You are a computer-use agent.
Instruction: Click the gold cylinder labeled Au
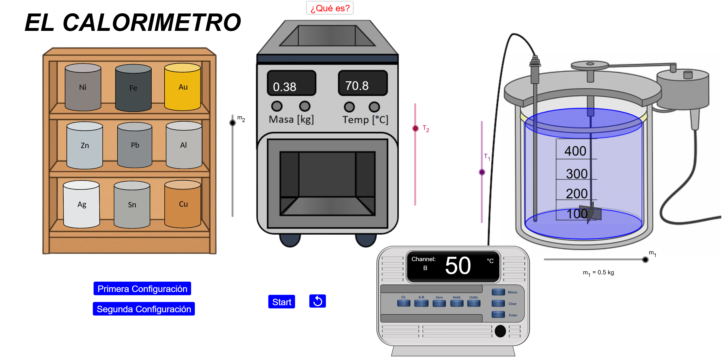pyautogui.click(x=182, y=87)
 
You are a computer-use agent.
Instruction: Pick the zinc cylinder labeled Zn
pyautogui.click(x=85, y=145)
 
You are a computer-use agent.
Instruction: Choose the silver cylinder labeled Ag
pyautogui.click(x=81, y=204)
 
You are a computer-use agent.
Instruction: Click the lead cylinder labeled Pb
pyautogui.click(x=135, y=145)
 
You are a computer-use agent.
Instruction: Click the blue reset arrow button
pyautogui.click(x=317, y=301)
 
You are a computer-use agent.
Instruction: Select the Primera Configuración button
pyautogui.click(x=142, y=288)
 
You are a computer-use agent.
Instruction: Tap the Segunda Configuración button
pyautogui.click(x=144, y=309)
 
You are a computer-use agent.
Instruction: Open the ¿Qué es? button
pyautogui.click(x=330, y=8)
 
